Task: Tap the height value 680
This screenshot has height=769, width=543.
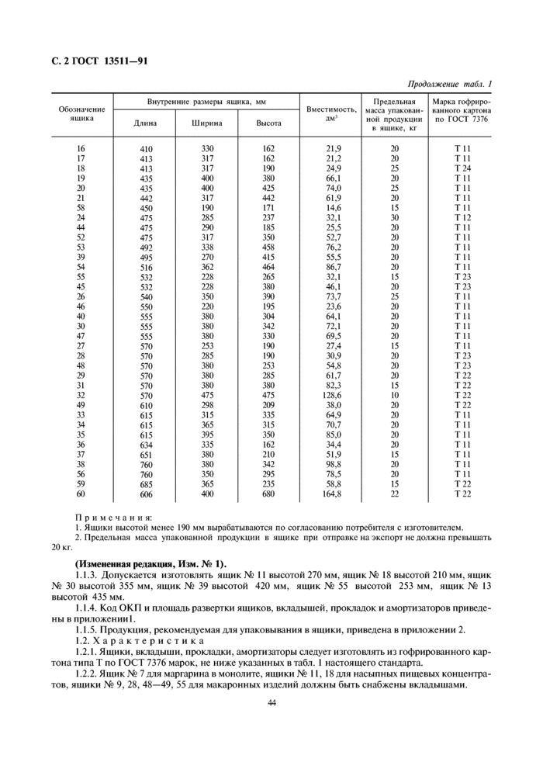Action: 268,494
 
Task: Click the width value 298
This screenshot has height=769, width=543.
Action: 207,405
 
